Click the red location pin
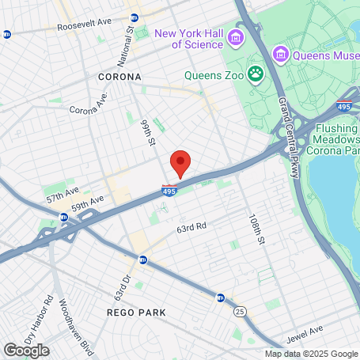tap(180, 163)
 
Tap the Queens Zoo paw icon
tap(256, 75)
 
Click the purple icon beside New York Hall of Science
tap(235, 38)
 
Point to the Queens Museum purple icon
tap(279, 54)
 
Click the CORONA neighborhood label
tap(119, 77)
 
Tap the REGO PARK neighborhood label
tap(136, 313)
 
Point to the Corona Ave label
tap(88, 106)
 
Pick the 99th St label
tap(146, 133)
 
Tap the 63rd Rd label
tap(191, 226)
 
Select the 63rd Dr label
tap(127, 282)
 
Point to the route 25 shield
tap(239, 312)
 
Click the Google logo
tap(26, 350)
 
